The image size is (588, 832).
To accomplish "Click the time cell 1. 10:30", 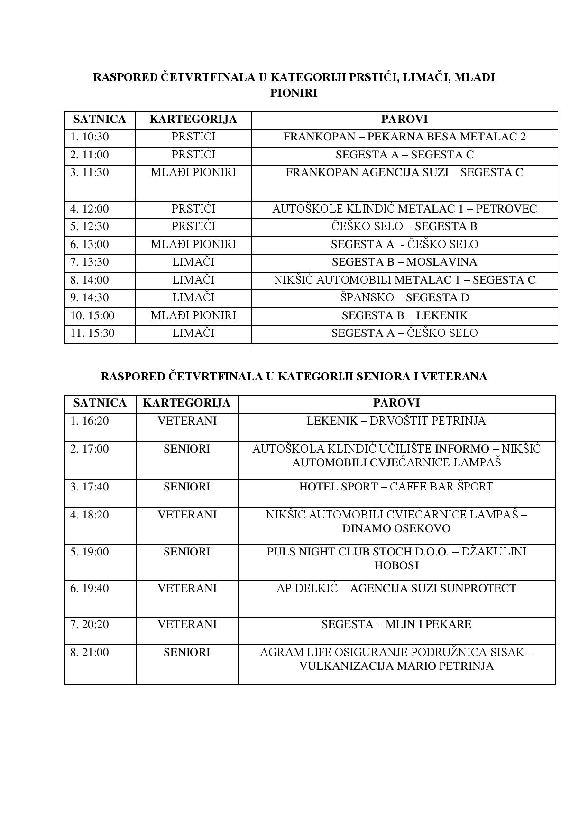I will tap(90, 137).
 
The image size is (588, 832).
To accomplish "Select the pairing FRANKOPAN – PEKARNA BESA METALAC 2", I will tap(404, 137).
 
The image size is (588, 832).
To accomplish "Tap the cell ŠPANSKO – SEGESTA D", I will tap(404, 297).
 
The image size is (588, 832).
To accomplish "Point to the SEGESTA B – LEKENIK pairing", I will tap(404, 315).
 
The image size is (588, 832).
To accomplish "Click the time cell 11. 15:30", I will tap(92, 333).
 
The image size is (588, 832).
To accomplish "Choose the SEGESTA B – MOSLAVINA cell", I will tap(404, 262).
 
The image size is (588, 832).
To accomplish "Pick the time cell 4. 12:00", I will tap(90, 209).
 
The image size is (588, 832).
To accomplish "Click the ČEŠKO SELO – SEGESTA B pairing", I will tap(404, 226).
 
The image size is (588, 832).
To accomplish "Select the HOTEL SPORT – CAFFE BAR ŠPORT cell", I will tap(396, 487).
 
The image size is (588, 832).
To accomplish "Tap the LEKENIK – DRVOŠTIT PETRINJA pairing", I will tap(396, 421).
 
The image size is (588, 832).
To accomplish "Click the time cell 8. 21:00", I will tap(90, 652).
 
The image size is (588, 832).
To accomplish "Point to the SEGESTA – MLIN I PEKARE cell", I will tap(396, 624).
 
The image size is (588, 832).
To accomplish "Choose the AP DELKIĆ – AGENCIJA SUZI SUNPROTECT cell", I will tap(396, 588).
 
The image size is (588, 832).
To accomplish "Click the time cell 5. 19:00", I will tap(90, 552).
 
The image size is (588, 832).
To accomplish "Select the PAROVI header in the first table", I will tap(404, 119).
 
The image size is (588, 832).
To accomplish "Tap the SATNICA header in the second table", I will tap(100, 403).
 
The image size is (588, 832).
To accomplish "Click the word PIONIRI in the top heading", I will tap(294, 93).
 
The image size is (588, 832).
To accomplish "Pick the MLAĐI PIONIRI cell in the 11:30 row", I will tap(193, 172).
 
